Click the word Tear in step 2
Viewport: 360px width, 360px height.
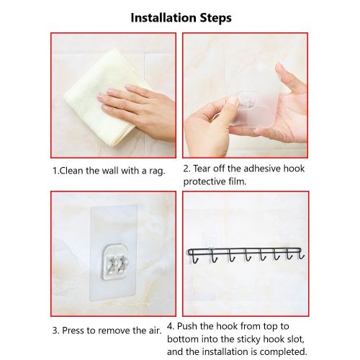pos(203,168)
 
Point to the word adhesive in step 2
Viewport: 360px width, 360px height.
pos(262,168)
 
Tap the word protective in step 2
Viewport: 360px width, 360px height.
pos(204,181)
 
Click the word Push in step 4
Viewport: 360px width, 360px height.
pos(187,326)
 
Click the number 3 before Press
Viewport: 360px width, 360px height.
pos(55,330)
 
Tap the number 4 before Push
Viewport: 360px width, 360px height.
pos(171,326)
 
